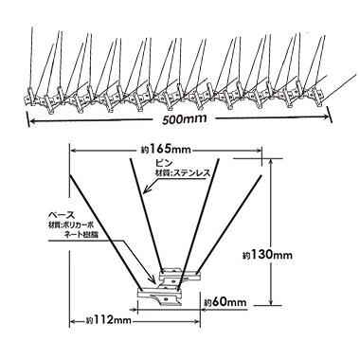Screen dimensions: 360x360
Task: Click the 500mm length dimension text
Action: point(185,119)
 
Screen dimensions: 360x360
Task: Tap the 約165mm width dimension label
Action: point(166,148)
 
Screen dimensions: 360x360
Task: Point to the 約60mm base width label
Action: point(225,302)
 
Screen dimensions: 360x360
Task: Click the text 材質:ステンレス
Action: point(183,172)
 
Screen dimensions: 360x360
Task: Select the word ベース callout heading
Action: point(61,215)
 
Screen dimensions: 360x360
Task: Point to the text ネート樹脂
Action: point(79,234)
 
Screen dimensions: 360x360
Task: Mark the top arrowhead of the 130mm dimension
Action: point(271,163)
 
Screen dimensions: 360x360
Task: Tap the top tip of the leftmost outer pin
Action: point(70,175)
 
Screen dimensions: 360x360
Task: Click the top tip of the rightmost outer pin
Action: point(261,175)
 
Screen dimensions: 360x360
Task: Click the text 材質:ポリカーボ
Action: point(71,225)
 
